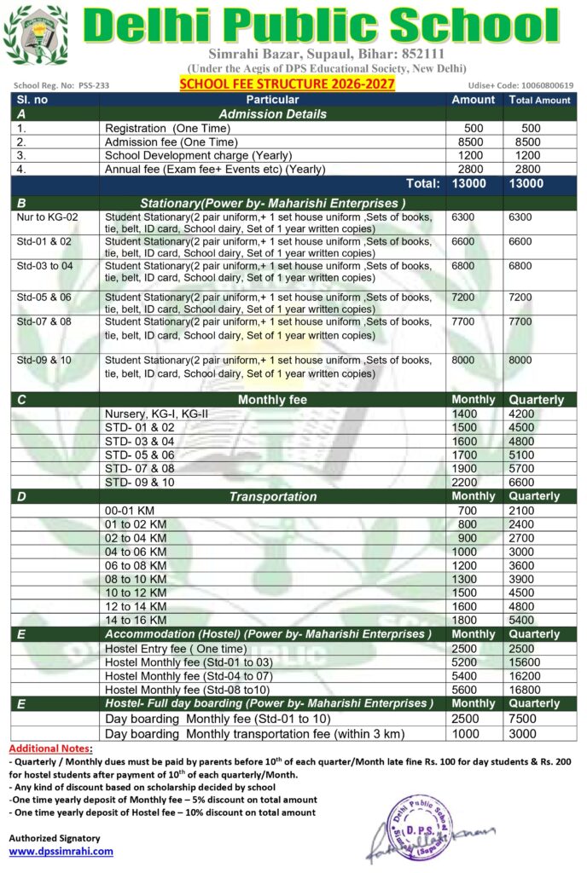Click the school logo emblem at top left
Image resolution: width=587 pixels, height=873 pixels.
click(35, 36)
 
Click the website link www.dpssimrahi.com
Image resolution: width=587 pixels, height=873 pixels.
click(61, 851)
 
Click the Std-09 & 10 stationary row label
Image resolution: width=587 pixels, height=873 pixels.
click(44, 360)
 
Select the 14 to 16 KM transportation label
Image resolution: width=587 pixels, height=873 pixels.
click(136, 620)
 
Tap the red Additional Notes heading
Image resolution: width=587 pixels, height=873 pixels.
click(51, 748)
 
